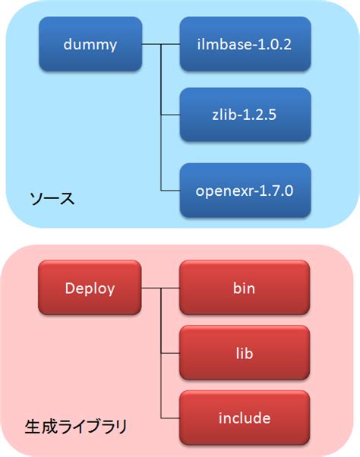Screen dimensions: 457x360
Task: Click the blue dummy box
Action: pos(90,45)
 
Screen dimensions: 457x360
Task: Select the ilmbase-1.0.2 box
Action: pos(245,45)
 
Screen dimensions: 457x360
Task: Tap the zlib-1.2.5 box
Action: pos(245,115)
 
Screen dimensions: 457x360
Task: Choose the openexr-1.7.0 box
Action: pos(245,188)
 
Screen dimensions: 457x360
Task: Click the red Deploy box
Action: pos(90,288)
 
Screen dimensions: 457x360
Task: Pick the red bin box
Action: pos(245,288)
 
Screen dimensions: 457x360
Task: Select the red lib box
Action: pos(245,353)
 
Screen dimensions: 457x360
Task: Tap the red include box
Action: pos(245,418)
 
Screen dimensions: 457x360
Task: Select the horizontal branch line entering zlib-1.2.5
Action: pos(170,115)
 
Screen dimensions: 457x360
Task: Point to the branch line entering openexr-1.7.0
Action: pos(170,188)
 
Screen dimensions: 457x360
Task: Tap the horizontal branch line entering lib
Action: pos(170,353)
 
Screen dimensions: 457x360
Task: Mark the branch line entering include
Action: pos(170,418)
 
